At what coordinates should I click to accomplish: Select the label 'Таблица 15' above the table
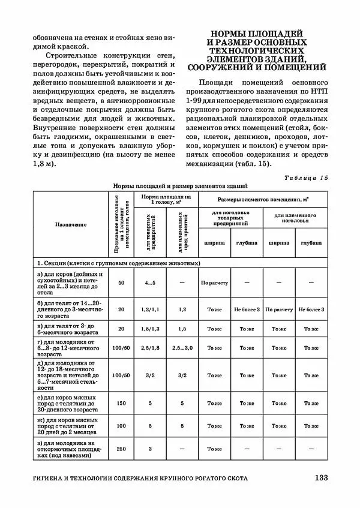coord(307,178)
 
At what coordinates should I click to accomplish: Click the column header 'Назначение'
coord(71,224)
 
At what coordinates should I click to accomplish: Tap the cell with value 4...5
coord(150,282)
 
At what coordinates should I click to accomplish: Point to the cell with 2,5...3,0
coord(182,348)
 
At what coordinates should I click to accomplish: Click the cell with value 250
coord(121,449)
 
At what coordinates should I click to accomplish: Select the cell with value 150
coord(121,404)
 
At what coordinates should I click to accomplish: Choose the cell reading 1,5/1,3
coord(150,329)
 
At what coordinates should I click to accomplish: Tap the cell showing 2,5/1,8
coord(150,348)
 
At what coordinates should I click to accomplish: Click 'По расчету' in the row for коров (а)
coord(214,282)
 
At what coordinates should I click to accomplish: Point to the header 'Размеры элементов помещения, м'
coord(263,199)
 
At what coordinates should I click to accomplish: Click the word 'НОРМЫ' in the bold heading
coord(230,33)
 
